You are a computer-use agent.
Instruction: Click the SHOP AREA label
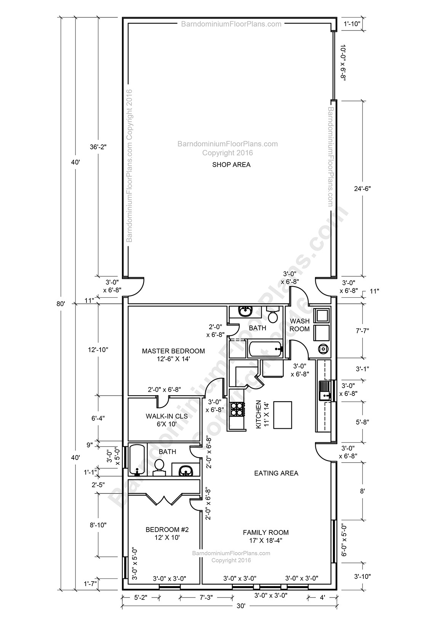[231, 165]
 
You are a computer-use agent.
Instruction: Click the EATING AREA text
[276, 473]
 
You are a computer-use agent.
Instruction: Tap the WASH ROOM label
[300, 325]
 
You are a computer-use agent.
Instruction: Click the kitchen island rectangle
[283, 414]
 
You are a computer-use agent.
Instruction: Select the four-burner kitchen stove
[237, 409]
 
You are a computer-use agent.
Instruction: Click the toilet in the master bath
[273, 315]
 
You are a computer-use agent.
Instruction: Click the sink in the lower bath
[186, 470]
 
